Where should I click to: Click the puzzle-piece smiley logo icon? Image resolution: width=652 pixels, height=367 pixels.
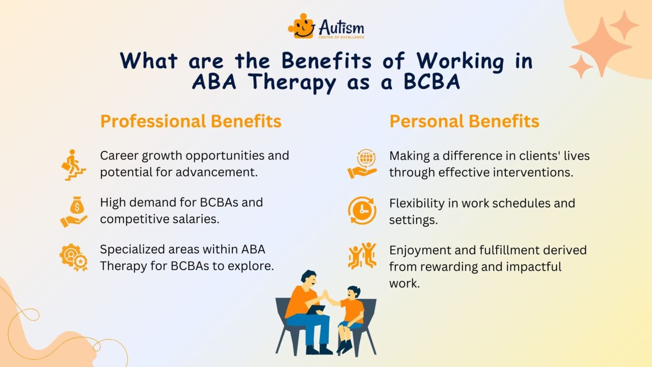pos(302,26)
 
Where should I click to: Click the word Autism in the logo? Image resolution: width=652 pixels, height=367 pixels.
pos(341,27)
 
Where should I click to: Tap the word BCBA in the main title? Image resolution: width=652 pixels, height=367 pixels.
pos(432,82)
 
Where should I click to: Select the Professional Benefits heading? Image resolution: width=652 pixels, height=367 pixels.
pos(191,121)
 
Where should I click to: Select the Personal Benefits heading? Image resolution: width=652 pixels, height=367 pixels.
pos(464,121)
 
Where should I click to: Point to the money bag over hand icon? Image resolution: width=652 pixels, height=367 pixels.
pos(74,212)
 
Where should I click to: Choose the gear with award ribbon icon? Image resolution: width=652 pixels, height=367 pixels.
pos(74,257)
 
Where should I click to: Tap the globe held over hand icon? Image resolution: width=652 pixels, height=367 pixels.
pos(362,164)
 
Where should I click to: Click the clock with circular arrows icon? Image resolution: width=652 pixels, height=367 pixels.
pos(362,211)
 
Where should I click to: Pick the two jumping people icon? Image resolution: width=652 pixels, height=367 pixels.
pos(362,255)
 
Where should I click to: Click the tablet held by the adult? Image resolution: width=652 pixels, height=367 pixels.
pos(316,309)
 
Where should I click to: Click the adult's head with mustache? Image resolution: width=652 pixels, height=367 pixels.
pos(309,278)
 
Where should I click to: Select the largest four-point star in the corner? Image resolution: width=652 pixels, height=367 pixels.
pos(602,47)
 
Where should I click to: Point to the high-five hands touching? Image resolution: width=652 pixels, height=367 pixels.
pos(325,295)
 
